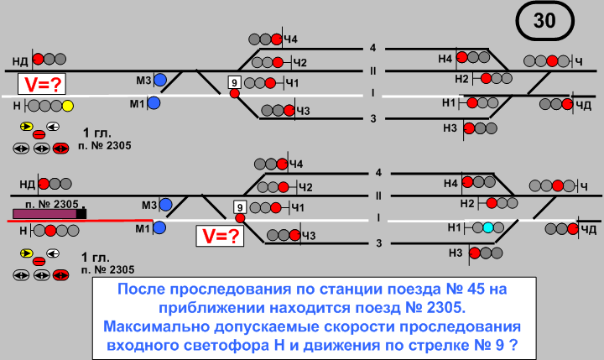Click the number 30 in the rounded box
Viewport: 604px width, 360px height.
pos(544,22)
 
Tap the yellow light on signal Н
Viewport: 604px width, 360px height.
pos(68,107)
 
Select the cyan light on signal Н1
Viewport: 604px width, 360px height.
pos(488,227)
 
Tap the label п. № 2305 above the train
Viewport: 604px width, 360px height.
pos(53,203)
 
